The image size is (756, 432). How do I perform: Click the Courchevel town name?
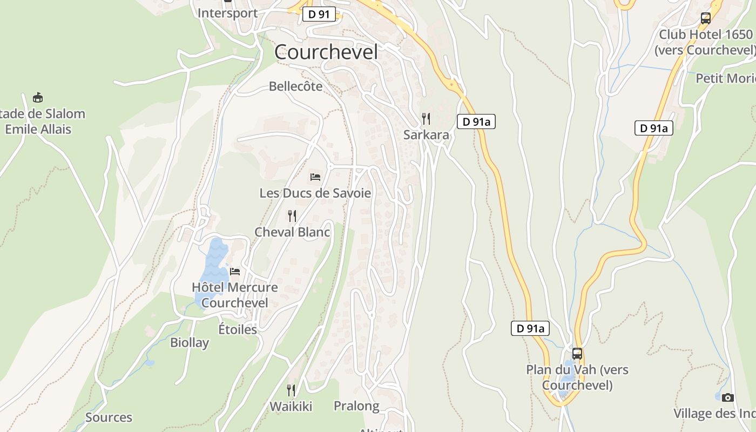click(326, 52)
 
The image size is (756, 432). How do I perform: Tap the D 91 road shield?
click(319, 14)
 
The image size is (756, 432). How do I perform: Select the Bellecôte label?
click(295, 86)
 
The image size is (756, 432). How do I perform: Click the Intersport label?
click(227, 13)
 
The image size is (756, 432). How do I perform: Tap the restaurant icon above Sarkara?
click(426, 119)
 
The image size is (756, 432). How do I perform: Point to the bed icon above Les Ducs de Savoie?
click(315, 177)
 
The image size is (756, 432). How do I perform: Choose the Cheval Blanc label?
click(292, 232)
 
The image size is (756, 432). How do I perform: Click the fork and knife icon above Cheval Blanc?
click(292, 217)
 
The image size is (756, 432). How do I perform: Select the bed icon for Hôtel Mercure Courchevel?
click(235, 272)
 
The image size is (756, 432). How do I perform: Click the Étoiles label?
click(238, 329)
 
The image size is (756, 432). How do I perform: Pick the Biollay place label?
click(190, 342)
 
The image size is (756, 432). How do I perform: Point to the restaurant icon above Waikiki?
click(291, 390)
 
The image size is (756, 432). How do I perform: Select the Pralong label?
click(356, 406)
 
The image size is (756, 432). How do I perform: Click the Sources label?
click(109, 417)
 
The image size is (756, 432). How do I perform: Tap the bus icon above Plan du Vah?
click(577, 354)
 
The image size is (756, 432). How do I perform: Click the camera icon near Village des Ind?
click(728, 398)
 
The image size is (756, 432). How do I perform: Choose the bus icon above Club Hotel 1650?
click(705, 18)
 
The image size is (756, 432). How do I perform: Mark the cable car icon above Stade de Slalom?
click(38, 98)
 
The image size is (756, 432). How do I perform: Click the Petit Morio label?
click(725, 78)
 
